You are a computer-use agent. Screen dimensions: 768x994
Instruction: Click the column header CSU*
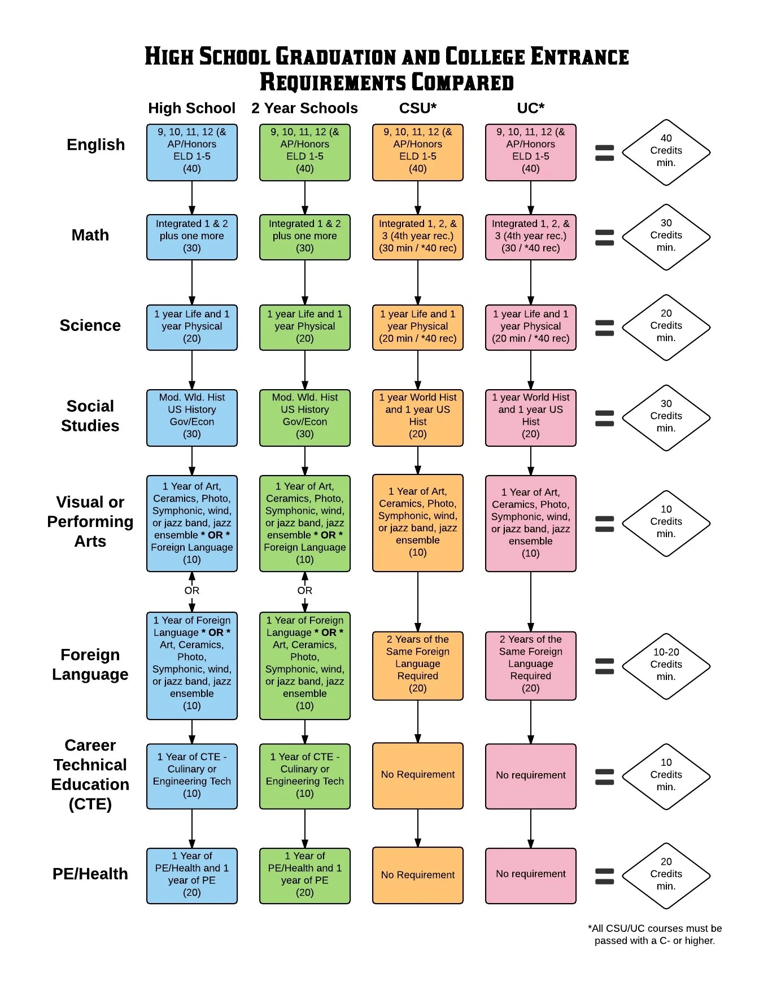tap(417, 108)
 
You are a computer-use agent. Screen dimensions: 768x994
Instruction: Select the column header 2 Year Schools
tap(304, 108)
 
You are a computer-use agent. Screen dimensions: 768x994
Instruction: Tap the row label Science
tap(90, 325)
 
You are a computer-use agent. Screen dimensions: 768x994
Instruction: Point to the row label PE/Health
tap(90, 874)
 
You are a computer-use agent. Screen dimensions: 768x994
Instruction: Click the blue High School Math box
tap(192, 237)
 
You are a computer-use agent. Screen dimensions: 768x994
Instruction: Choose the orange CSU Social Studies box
tap(418, 418)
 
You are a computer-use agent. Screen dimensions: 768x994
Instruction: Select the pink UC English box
tap(531, 152)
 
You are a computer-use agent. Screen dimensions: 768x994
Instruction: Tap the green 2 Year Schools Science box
tap(305, 328)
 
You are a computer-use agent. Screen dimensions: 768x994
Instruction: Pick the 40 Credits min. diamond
tap(666, 152)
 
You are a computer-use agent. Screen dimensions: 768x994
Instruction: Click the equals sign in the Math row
tap(604, 237)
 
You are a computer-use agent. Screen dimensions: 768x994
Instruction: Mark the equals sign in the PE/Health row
tap(604, 876)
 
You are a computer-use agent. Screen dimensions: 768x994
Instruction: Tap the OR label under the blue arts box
tap(192, 590)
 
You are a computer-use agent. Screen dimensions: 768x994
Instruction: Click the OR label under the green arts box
tap(305, 590)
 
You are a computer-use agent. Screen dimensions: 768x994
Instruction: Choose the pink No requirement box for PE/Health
tap(531, 875)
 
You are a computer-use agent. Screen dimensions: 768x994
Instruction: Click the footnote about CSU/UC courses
tap(655, 934)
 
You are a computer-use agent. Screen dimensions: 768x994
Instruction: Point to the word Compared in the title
tap(462, 82)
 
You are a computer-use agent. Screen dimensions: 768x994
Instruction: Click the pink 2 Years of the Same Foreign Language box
tap(531, 666)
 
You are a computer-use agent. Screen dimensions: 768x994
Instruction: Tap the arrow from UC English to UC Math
tap(531, 198)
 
